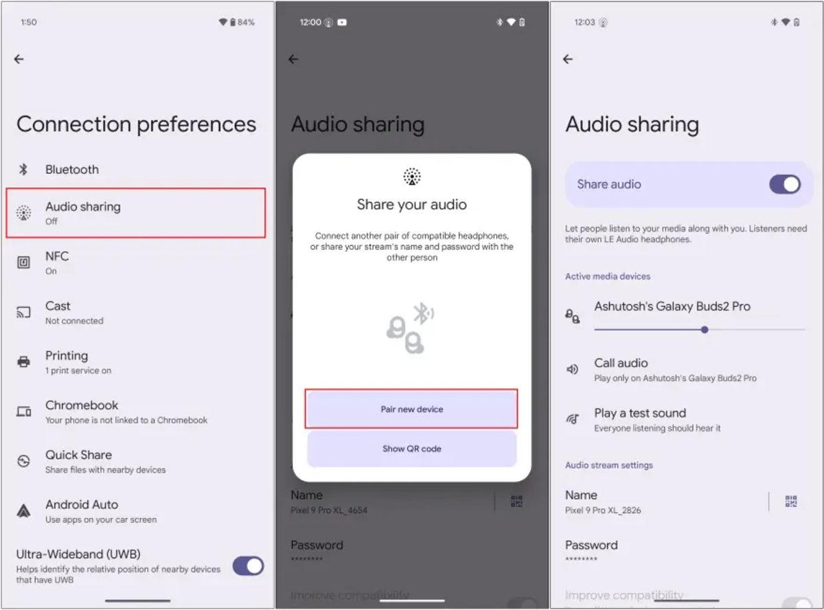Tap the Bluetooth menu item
[x=71, y=170]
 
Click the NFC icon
[x=23, y=262]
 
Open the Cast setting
[x=58, y=312]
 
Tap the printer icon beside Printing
[x=23, y=361]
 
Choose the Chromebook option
[x=82, y=411]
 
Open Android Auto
[x=82, y=510]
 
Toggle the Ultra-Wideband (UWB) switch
[x=248, y=566]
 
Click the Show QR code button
[x=411, y=449]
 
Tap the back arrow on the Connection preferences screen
[x=19, y=60]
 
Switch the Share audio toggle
[x=784, y=184]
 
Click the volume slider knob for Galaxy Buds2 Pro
[x=705, y=330]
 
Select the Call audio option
[x=621, y=369]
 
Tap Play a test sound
[x=639, y=419]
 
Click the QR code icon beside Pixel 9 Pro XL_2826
[x=791, y=502]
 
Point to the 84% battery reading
[x=246, y=23]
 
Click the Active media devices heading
[x=608, y=276]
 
